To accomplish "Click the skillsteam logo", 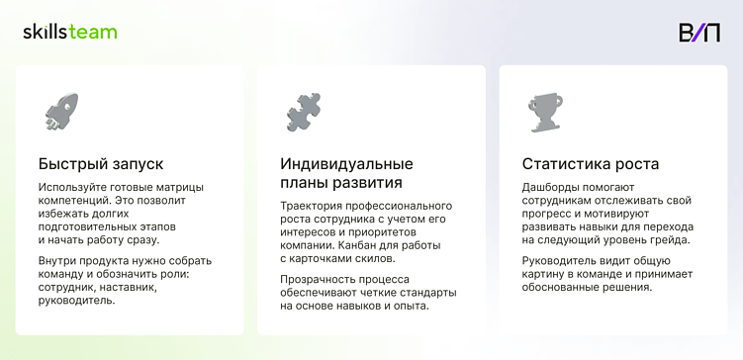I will pyautogui.click(x=70, y=32).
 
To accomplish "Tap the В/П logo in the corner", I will pyautogui.click(x=699, y=32).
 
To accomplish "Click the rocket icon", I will pyautogui.click(x=61, y=112).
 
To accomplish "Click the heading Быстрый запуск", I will pyautogui.click(x=101, y=163).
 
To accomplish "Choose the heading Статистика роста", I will pyautogui.click(x=590, y=163).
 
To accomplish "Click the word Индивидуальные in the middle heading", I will pyautogui.click(x=346, y=163).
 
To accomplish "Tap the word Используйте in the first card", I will pyautogui.click(x=72, y=187).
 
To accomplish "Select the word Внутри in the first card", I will pyautogui.click(x=58, y=261).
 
